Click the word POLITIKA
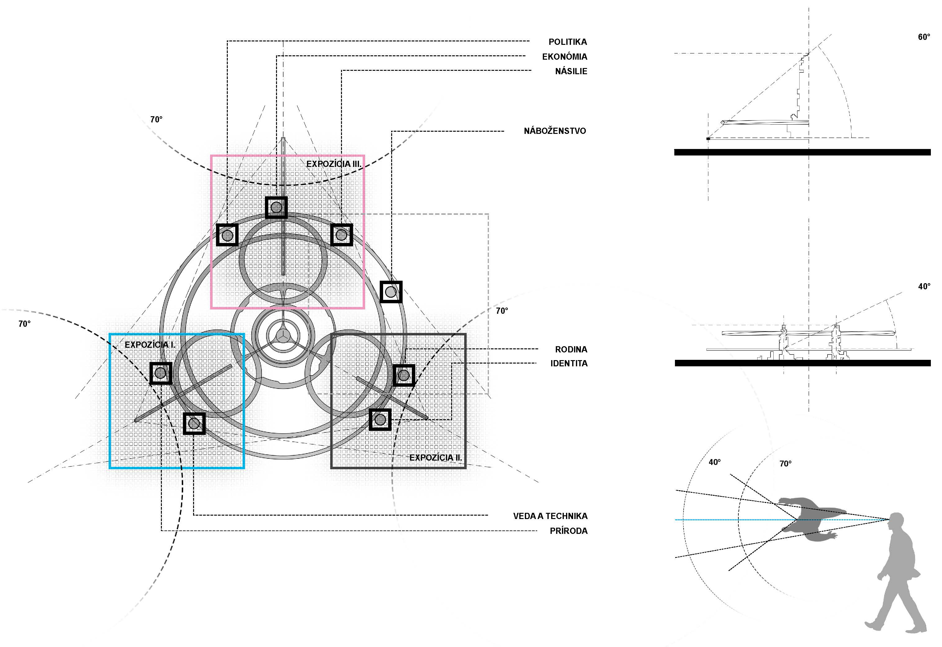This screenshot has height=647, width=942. pos(567,42)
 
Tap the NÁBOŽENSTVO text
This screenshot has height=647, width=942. pos(555,131)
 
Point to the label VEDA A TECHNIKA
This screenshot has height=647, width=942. pos(550,516)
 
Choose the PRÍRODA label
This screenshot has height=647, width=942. pos(568,531)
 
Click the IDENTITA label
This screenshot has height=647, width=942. pos(568,364)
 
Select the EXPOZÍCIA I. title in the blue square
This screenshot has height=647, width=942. pos(150,345)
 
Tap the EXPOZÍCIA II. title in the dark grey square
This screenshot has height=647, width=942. pos(435,458)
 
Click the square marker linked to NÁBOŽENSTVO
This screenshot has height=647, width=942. pos(391,292)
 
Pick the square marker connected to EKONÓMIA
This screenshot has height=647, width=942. pos(276,207)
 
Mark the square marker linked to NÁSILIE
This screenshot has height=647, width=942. pos(341,235)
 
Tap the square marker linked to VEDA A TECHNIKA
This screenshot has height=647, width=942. pos(194,424)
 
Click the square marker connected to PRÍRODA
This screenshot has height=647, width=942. pos(161,373)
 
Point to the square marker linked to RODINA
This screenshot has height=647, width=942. pos(404,375)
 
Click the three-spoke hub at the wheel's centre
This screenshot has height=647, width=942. pos(283,335)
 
